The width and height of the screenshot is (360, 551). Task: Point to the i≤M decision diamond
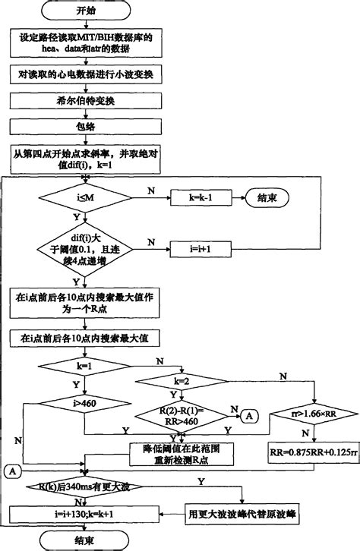point(79,200)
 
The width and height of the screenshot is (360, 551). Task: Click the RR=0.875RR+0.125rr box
point(312,451)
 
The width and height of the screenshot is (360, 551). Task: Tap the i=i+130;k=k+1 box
point(86,514)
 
